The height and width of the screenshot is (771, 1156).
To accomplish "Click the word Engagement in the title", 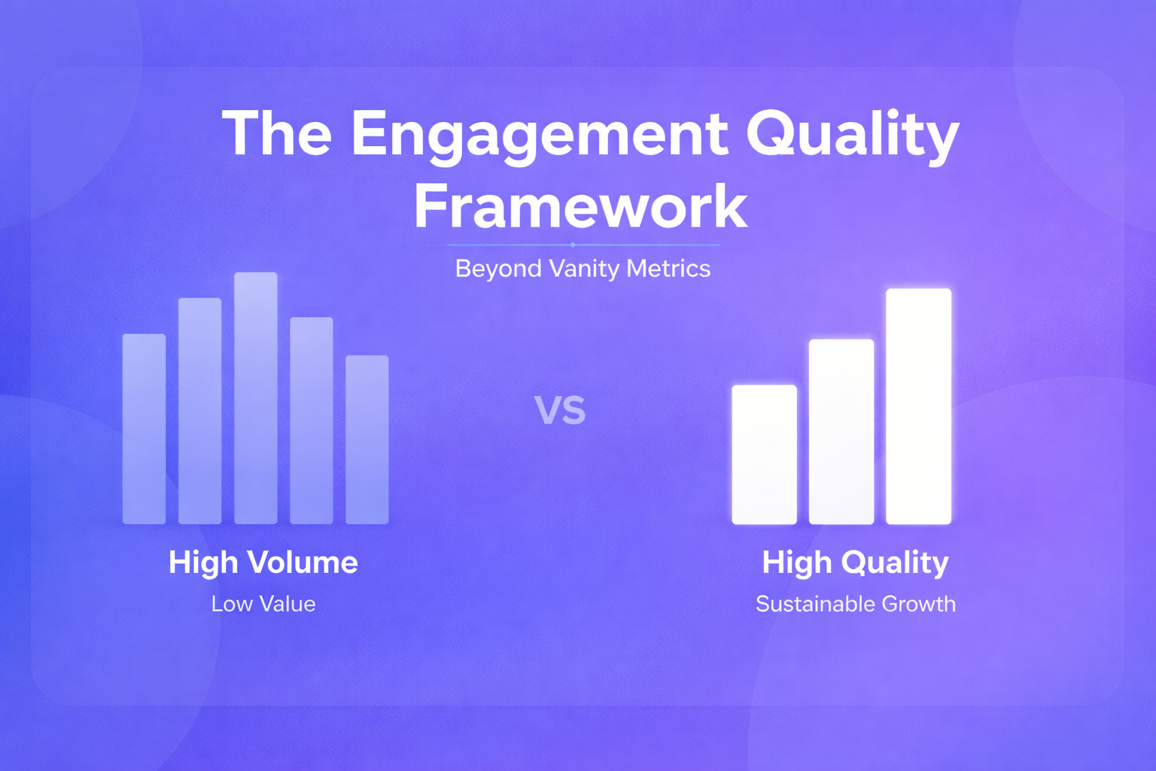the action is coord(540,136).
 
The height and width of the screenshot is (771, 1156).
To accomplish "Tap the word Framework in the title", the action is coord(580,207).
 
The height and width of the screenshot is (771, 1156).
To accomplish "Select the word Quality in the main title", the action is coord(853,136).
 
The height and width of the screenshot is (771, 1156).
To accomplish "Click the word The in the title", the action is coord(277,133).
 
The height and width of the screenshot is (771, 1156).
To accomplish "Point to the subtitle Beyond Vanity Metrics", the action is coord(583,269).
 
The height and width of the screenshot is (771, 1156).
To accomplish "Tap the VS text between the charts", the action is coord(560,410).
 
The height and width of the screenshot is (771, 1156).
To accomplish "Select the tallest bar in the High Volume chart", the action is coord(255,398).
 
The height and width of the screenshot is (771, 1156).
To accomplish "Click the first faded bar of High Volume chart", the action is coord(144,428).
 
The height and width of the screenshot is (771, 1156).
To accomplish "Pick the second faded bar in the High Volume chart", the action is coord(199,411).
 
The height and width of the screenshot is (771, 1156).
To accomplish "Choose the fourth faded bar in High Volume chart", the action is coord(311,420).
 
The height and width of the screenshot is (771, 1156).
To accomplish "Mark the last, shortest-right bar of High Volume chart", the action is coord(367,440).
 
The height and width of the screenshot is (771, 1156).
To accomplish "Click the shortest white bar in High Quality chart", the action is coord(765,455).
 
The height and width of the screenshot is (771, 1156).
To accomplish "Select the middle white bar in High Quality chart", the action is coord(841,431).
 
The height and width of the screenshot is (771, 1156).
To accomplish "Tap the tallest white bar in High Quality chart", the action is coord(919,407).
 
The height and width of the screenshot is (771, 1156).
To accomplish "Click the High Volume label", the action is coord(263,563).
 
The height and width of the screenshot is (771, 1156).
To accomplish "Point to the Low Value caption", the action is coord(263,604).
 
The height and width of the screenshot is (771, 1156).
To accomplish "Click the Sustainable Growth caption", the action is coord(856,604).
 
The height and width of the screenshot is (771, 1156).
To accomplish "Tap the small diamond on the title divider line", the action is coord(573,245).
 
